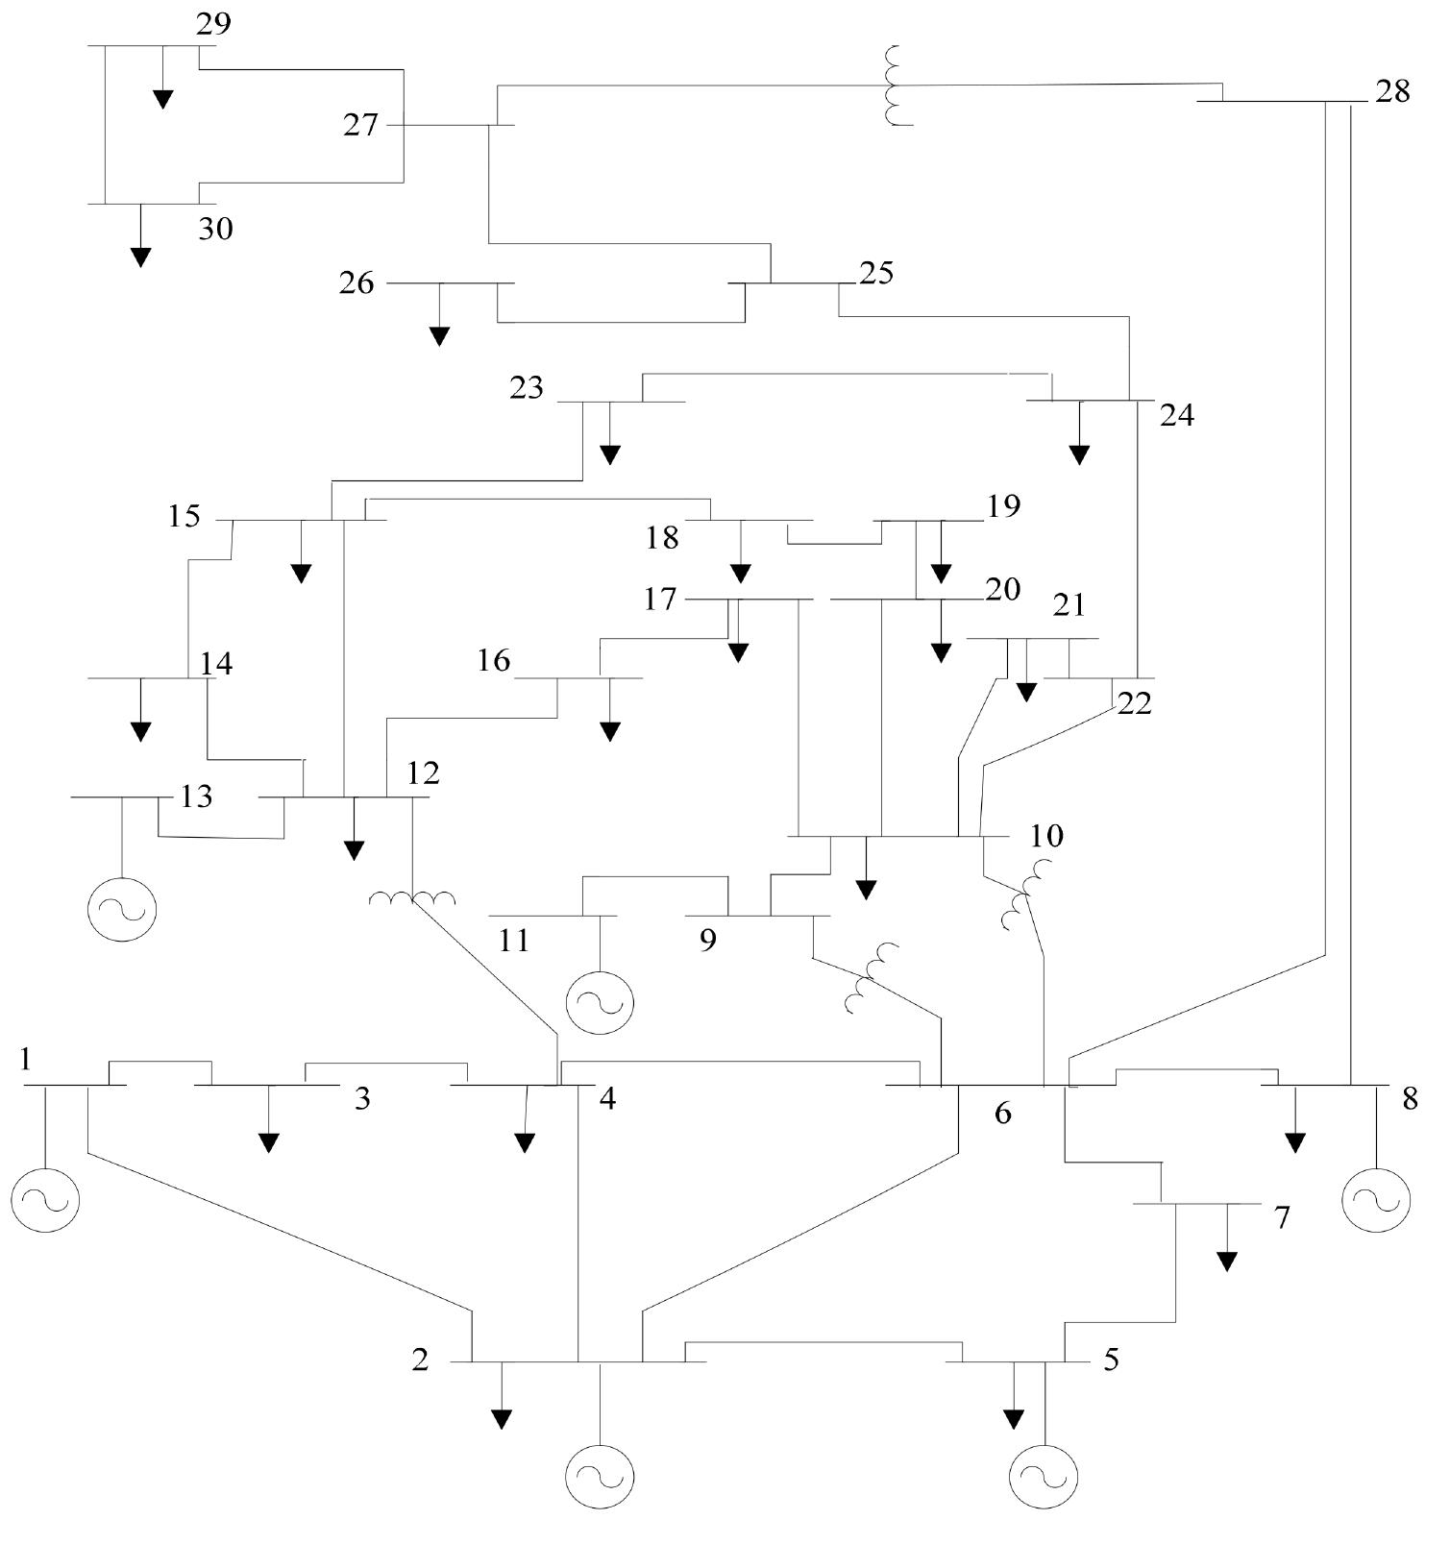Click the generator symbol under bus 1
coord(45,1198)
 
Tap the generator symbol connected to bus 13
coord(122,908)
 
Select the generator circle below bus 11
coord(600,1002)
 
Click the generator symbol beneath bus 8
coord(1376,1199)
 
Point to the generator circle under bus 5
coord(1044,1477)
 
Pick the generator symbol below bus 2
coord(600,1477)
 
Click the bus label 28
coord(1392,92)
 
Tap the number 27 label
coord(361,125)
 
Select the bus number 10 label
coord(1046,836)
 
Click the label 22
coord(1134,704)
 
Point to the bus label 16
coord(494,661)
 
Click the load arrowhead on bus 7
coord(1226,1262)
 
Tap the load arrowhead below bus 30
coord(141,257)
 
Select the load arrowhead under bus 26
coord(439,336)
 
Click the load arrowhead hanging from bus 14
coord(141,731)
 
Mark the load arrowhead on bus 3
coord(269,1142)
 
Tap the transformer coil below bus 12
coord(413,899)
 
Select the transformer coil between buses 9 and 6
coord(872,978)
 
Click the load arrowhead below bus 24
coord(1079,454)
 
